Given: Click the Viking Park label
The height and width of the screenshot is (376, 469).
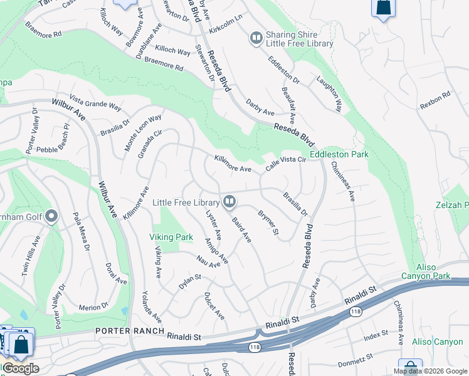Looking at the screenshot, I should [171, 238].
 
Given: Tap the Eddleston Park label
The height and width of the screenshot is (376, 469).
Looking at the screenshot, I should [339, 154].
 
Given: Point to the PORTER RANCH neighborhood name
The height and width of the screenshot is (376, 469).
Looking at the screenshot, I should [129, 330].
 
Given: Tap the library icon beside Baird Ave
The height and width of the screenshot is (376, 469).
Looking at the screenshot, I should [229, 201].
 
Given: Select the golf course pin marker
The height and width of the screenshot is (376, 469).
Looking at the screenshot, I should [51, 217].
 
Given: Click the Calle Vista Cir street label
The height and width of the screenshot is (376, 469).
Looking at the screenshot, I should [285, 164].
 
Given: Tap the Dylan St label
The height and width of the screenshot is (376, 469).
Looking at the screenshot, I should [189, 281].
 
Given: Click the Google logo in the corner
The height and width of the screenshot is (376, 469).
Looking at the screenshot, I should [20, 368].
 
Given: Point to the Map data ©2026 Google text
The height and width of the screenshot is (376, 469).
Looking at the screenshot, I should [429, 371].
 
